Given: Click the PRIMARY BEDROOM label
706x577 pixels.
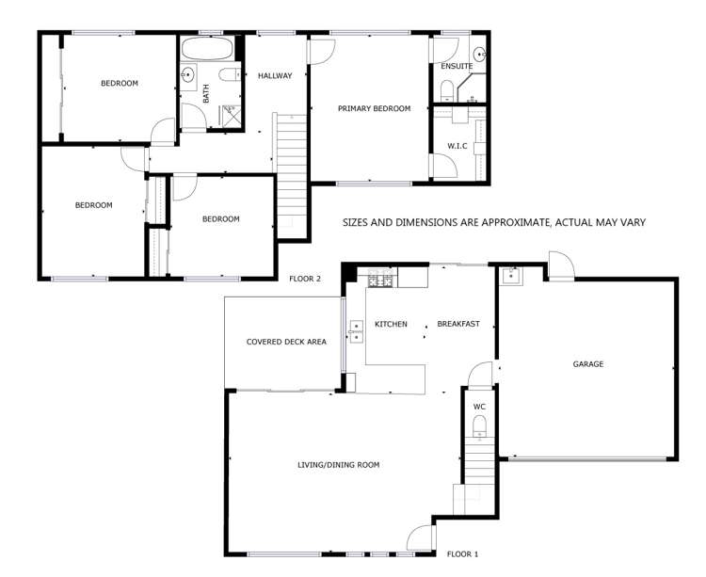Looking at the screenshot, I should tap(375, 109).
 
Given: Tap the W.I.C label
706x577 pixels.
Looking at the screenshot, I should tap(458, 145).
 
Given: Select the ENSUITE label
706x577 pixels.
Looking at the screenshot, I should tap(457, 66).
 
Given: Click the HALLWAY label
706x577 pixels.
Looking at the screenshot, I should tap(275, 76).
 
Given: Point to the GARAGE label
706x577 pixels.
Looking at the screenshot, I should tap(587, 364).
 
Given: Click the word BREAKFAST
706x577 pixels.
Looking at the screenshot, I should tap(458, 324).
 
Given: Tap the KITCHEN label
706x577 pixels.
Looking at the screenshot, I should tap(391, 324).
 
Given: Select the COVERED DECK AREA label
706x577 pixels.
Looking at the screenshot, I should tap(286, 342).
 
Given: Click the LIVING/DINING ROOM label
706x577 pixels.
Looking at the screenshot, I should tap(338, 465).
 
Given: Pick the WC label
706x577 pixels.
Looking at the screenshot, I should tap(479, 407).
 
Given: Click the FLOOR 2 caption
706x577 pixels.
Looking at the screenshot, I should tap(305, 279).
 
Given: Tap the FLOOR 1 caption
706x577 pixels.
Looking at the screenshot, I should tap(463, 553).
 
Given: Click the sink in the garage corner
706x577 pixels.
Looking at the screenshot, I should tap(511, 276).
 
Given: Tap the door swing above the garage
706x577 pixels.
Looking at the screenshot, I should tap(559, 265).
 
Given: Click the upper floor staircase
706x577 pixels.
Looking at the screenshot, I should tap(291, 169).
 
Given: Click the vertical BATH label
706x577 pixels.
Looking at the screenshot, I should tap(205, 93).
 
